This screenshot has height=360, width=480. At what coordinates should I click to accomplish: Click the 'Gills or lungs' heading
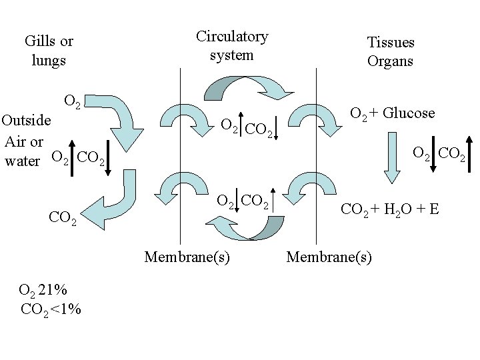pos(49,51)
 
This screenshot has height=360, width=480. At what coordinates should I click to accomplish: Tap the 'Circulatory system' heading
pos(231,45)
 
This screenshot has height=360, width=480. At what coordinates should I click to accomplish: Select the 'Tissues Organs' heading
pos(391,51)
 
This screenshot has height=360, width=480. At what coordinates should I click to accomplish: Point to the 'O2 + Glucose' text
pos(392,113)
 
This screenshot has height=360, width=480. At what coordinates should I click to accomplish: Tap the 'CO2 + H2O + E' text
pos(389,210)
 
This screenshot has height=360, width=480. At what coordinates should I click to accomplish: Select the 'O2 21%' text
pos(43,290)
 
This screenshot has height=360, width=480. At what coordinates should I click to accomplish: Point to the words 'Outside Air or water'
pos(25,141)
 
